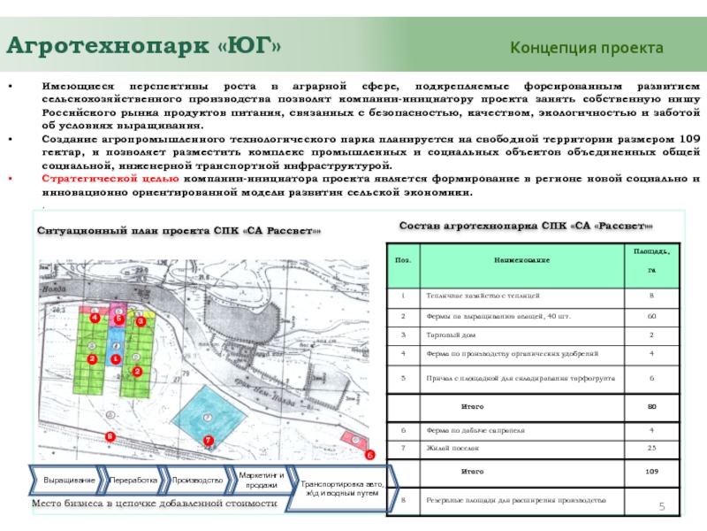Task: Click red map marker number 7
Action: pos(209,440)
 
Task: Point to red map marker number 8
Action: pos(110,437)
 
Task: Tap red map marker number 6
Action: pos(370,454)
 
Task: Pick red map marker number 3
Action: pos(140,322)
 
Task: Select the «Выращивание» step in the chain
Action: pos(69,480)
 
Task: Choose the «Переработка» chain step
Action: pos(133,480)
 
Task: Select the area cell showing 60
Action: pos(652,315)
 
